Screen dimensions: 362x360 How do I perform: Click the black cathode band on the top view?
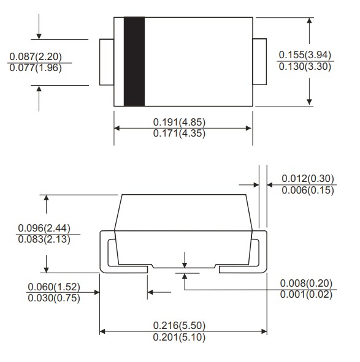(x=134, y=61)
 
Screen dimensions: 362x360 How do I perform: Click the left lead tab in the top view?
(x=107, y=62)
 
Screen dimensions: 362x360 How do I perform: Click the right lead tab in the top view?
(x=260, y=62)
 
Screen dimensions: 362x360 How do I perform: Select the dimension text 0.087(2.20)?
(x=37, y=56)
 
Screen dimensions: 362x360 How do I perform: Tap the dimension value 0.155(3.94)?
(x=305, y=55)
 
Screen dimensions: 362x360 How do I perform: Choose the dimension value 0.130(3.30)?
(x=305, y=66)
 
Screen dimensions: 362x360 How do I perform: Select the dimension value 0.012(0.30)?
(x=308, y=178)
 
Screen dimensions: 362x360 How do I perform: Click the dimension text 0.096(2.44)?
(x=44, y=228)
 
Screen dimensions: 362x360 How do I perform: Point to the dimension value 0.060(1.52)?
(x=55, y=287)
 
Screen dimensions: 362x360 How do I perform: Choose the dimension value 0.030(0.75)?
(x=55, y=298)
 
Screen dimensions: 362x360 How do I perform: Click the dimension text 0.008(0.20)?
(x=306, y=283)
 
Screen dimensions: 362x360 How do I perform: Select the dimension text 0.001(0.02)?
(x=306, y=294)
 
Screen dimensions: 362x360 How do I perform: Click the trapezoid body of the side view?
(x=183, y=227)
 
